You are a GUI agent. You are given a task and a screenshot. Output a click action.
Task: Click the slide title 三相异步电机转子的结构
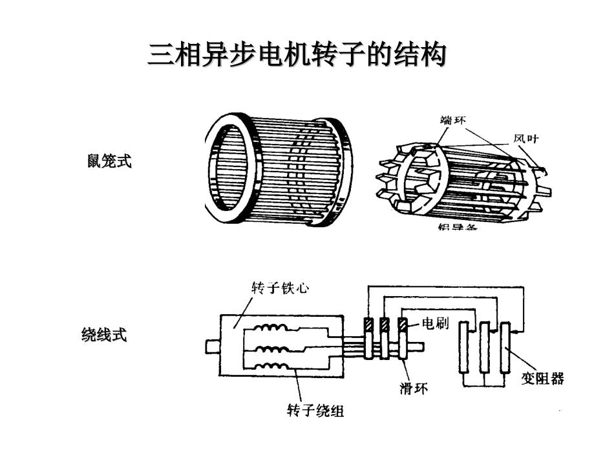coord(297,55)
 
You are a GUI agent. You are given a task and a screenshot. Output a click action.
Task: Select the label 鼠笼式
coord(109,161)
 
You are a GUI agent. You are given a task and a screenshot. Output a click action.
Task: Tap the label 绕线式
coord(103,335)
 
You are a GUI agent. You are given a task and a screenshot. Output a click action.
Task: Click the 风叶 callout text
coord(525,139)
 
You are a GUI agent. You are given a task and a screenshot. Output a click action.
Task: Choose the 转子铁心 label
coord(279,288)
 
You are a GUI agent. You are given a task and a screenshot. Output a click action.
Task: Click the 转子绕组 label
coord(315,410)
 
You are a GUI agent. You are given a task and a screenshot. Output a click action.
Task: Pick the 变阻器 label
coord(542,379)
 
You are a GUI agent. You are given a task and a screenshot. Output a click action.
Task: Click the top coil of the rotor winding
coord(268,330)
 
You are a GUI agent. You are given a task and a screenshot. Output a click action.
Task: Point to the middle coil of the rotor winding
coord(268,349)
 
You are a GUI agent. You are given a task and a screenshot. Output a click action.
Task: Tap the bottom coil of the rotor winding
coord(268,368)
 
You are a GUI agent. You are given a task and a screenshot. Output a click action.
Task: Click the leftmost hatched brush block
coord(369,325)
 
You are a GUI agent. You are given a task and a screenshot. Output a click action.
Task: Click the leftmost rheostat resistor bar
coord(463,348)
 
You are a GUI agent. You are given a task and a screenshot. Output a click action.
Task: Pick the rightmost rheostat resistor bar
coord(504,348)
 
